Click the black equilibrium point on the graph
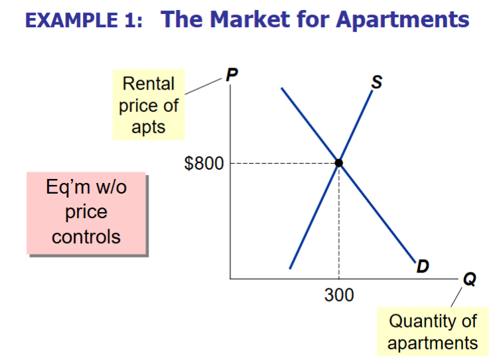click(x=339, y=162)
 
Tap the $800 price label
click(x=204, y=163)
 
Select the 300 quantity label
click(x=339, y=294)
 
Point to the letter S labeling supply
click(x=376, y=82)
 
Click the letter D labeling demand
click(x=422, y=267)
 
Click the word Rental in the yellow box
click(x=149, y=84)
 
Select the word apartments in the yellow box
click(x=433, y=343)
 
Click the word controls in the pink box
click(x=86, y=237)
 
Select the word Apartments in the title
click(x=403, y=19)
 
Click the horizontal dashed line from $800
click(x=282, y=162)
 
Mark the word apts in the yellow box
click(x=149, y=127)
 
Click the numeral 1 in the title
click(x=129, y=21)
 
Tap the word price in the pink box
click(x=86, y=213)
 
